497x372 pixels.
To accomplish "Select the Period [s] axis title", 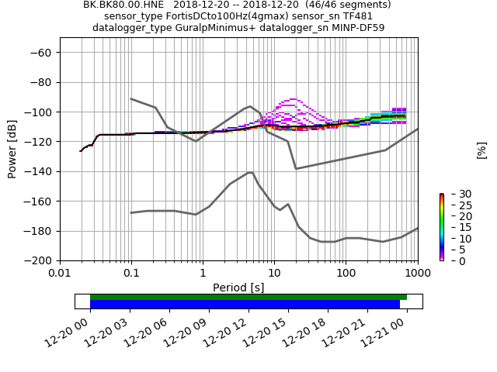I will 238,288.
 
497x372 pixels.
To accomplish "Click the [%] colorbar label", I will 481,150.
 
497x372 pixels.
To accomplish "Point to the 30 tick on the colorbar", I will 455,194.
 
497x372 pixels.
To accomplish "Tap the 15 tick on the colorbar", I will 455,227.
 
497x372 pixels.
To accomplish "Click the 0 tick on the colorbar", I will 452,260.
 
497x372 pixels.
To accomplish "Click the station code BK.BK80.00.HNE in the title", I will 123,5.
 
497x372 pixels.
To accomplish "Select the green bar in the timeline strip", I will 248,297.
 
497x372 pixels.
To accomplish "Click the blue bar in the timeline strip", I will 245,305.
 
